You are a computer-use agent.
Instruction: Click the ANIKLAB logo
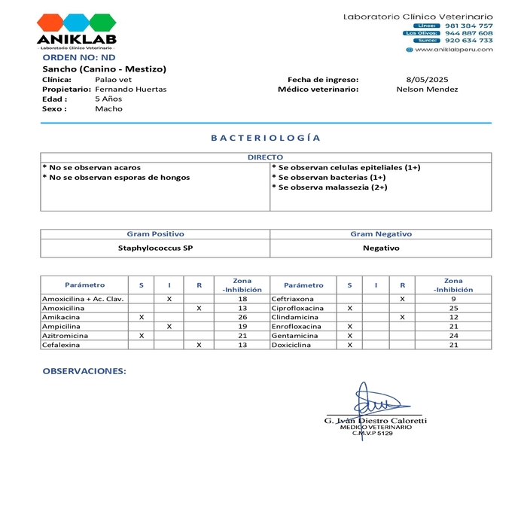coord(76,32)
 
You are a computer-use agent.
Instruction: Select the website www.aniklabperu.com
coord(453,50)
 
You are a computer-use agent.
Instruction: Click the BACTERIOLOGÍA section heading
coord(265,138)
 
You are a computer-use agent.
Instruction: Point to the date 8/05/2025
coord(427,79)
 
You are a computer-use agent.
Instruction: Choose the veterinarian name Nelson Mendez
coord(427,89)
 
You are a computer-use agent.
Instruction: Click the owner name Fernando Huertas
coord(131,89)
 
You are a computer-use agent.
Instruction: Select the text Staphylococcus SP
coord(155,248)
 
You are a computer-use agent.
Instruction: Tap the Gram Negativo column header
coord(380,234)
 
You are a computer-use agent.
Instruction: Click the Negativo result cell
coord(380,248)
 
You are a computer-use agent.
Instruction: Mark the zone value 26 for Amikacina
coord(242,317)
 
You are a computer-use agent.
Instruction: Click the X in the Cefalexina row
coord(199,345)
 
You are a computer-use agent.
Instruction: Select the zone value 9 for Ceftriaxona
coord(453,299)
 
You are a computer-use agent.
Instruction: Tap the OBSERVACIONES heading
coord(84,371)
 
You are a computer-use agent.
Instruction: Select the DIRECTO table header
coord(265,157)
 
